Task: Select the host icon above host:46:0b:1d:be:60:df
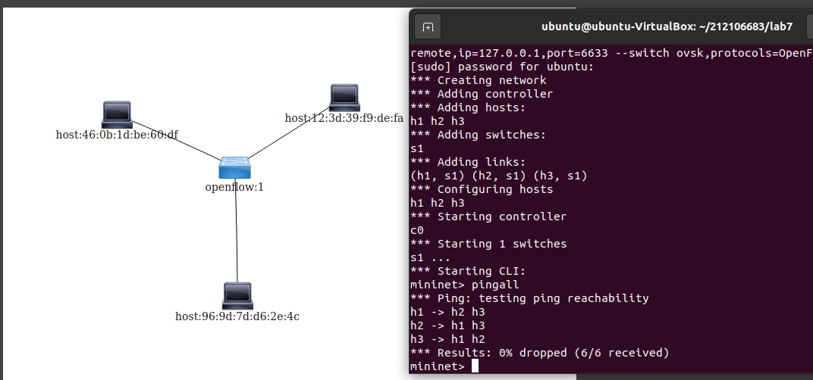coord(117,114)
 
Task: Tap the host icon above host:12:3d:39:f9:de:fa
coord(344,98)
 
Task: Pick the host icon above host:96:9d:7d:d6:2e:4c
coord(237,295)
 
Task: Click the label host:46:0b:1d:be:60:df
coord(117,135)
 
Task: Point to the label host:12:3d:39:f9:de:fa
coord(344,118)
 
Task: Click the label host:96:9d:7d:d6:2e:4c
coord(237,316)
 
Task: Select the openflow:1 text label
coord(234,187)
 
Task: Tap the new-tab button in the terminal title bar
coord(428,27)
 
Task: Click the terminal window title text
coord(667,26)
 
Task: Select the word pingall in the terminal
coord(495,285)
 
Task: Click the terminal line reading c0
coord(417,230)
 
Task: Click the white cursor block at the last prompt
coord(476,366)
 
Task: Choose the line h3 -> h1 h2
coord(447,339)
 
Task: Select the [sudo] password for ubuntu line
coord(502,67)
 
